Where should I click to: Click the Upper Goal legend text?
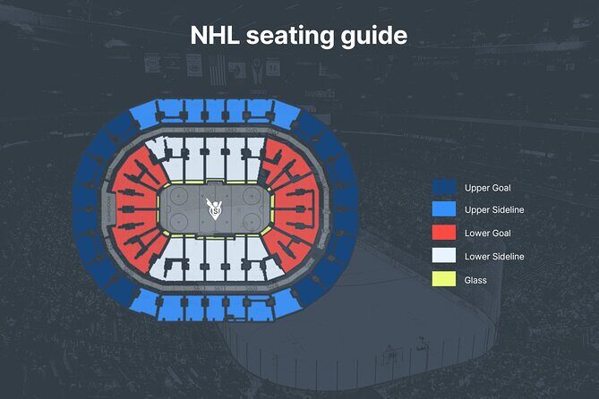(x=488, y=188)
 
